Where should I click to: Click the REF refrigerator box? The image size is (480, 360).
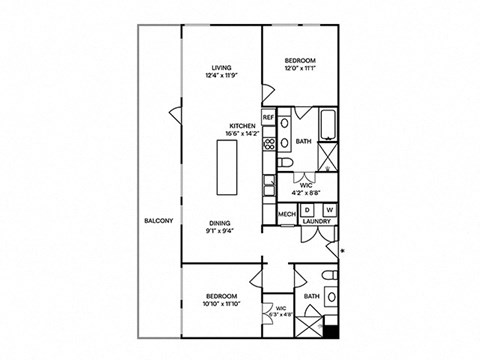[269, 117]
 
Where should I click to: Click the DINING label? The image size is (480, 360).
[221, 224]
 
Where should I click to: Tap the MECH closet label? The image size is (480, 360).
[286, 214]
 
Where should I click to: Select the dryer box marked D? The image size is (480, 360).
[308, 209]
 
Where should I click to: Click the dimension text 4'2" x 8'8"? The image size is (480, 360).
[308, 192]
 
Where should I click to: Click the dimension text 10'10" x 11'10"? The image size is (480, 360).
[221, 305]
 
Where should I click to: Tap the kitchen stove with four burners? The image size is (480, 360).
[269, 145]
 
